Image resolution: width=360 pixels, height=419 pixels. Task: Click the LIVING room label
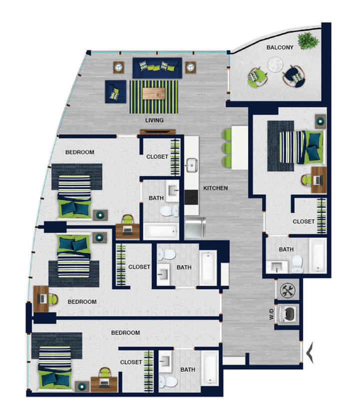[154, 120]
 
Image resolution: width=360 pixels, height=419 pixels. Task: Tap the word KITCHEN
[215, 188]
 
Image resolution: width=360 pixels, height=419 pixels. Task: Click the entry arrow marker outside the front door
[311, 352]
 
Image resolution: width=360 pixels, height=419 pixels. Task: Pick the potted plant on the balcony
[307, 39]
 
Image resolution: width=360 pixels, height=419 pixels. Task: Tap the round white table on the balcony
[275, 64]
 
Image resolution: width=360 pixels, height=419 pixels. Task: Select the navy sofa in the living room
[157, 67]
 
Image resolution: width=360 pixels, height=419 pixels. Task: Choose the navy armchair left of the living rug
[115, 92]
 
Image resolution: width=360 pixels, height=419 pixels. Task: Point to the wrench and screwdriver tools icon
[288, 290]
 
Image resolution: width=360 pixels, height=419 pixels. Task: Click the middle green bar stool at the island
[227, 148]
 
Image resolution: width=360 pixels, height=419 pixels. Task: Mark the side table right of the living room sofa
[190, 67]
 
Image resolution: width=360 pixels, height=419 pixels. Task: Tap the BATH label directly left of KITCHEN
[156, 198]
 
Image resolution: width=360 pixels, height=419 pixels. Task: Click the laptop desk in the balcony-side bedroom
[318, 180]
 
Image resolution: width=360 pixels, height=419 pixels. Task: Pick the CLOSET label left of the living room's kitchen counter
[157, 157]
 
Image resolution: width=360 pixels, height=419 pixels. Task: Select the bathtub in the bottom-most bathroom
[210, 369]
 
